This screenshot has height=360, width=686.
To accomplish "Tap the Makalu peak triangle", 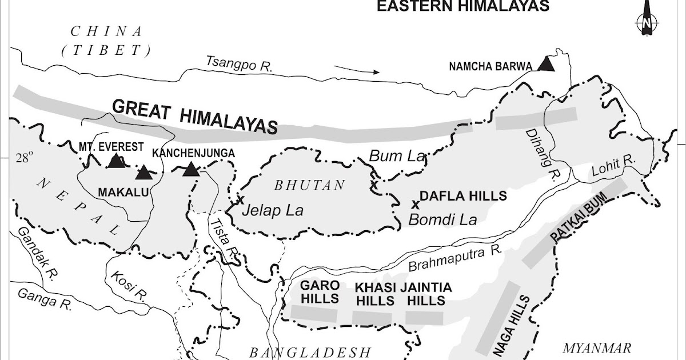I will tap(144, 172).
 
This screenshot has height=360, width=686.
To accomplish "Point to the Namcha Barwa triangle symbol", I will tap(547, 63).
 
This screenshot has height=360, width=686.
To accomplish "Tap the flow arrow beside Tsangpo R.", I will tap(357, 71).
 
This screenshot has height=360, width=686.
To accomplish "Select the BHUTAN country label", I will tap(310, 185).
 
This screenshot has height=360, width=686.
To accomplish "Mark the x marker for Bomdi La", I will tap(416, 204).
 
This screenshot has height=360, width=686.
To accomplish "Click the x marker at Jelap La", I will tap(240, 200).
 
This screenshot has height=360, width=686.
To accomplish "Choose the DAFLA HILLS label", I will tap(464, 196).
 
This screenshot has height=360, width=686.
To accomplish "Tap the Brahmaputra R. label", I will tap(455, 258).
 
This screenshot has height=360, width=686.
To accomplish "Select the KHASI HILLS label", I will tap(374, 294).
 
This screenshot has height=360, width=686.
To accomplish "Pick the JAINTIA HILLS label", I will tap(426, 294).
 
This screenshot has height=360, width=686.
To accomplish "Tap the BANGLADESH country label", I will tap(302, 351).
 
